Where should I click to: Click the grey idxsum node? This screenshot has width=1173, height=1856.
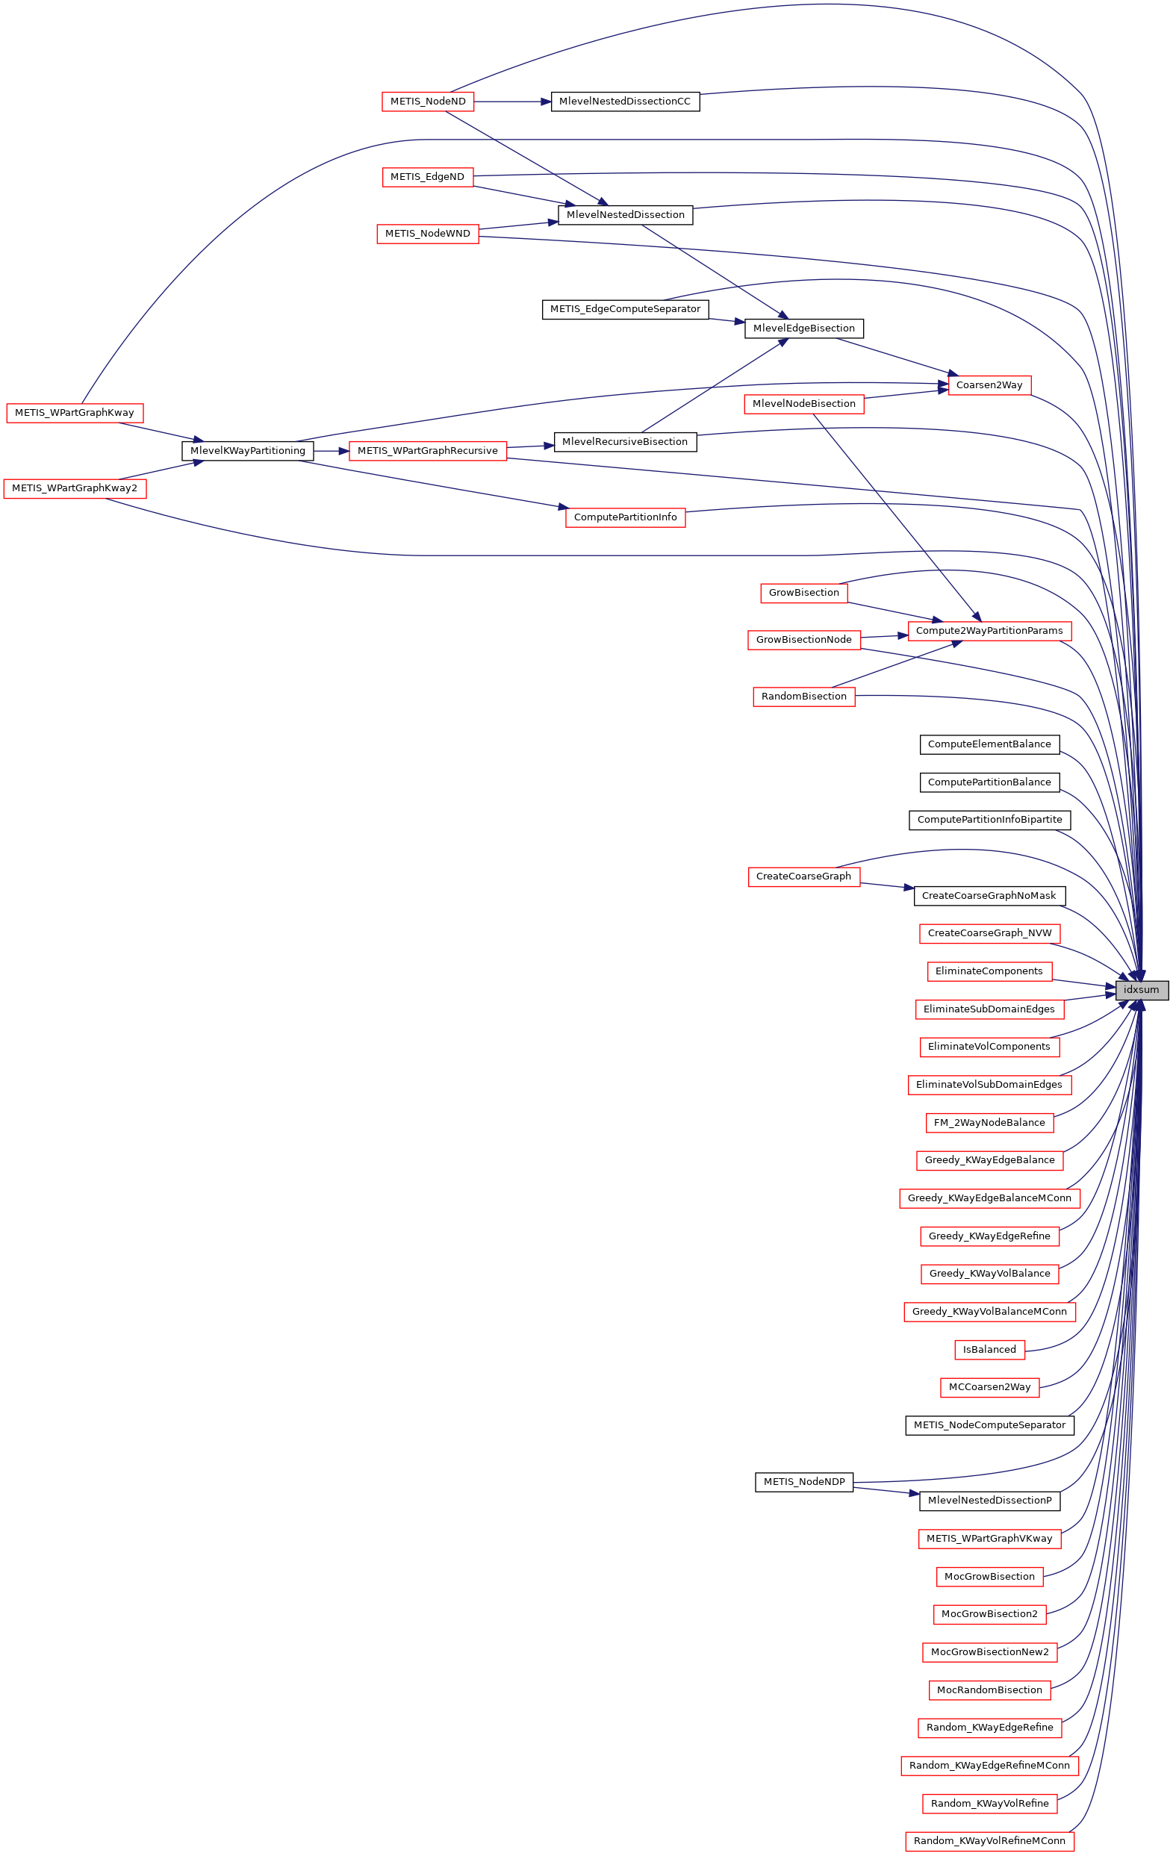click(1141, 990)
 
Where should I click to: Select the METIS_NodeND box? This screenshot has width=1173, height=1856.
click(428, 101)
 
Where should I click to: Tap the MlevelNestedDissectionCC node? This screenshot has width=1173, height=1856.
click(625, 101)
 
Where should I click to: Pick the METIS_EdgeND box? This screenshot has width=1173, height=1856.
click(427, 176)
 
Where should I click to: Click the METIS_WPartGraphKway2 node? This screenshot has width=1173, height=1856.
click(75, 488)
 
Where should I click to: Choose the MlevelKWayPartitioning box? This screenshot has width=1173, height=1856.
click(247, 450)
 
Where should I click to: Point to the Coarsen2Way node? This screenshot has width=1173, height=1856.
click(989, 384)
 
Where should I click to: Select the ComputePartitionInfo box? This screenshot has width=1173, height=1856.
click(625, 517)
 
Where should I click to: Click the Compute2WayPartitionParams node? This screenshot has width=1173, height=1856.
click(989, 630)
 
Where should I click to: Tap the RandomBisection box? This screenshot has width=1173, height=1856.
click(804, 696)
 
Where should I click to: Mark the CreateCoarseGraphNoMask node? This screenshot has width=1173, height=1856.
click(989, 896)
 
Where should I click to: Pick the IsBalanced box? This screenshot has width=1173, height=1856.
click(989, 1349)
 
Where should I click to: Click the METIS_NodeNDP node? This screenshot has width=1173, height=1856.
click(804, 1481)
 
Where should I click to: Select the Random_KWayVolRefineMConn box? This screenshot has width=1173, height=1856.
click(989, 1840)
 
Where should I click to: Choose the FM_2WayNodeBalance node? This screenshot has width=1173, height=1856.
click(989, 1122)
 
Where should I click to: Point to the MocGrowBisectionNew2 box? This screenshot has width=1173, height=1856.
click(989, 1651)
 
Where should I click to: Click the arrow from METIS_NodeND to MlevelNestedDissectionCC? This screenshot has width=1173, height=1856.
click(512, 101)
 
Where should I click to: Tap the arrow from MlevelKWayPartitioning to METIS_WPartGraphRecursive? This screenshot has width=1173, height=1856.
click(332, 450)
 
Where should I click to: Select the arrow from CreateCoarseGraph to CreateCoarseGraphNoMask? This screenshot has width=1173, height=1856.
click(886, 885)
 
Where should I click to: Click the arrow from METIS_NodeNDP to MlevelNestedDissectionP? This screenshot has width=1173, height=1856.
click(886, 1491)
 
